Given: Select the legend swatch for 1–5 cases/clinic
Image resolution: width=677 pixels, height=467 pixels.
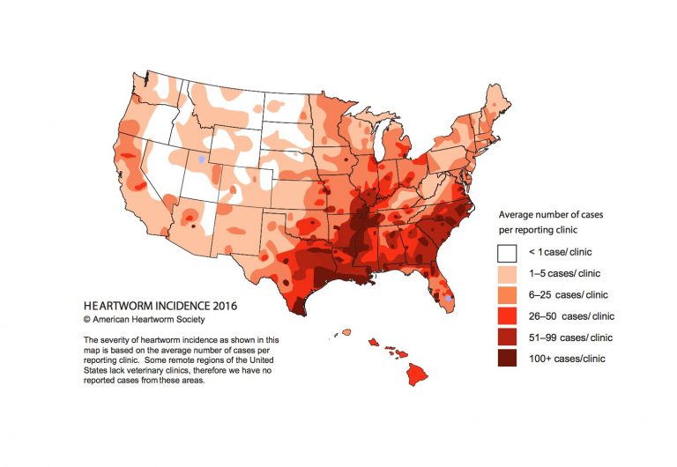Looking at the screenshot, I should coord(506,274).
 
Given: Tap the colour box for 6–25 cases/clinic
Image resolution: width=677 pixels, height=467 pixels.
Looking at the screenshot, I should coord(506,295).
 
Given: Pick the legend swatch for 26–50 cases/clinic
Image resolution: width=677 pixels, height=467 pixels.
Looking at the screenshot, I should coord(506,316).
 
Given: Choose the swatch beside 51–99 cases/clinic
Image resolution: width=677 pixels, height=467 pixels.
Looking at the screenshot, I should coord(506,337).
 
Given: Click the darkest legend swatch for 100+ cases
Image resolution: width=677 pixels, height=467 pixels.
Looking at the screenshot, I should coord(506,359).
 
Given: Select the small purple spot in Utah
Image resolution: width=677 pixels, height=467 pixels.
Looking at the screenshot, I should coord(202,159).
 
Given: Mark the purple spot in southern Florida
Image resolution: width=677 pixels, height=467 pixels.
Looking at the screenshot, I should coord(450,299).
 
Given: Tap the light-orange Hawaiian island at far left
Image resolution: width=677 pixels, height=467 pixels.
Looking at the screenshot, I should coord(346,333).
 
